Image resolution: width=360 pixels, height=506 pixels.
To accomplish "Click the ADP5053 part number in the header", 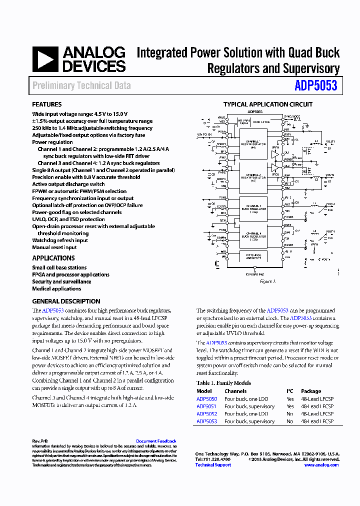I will tap(316, 85).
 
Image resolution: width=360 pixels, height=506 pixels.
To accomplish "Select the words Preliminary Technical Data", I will tap(81, 85).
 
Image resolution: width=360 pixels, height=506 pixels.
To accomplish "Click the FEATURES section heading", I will tap(47, 104).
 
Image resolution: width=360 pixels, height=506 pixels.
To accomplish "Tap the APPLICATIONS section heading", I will tap(53, 258).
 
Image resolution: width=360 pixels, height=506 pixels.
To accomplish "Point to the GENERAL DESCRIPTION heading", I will tap(66, 301).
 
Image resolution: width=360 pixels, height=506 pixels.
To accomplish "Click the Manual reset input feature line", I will tap(54, 247).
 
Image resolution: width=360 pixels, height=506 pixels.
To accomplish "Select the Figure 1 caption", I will tap(267, 281).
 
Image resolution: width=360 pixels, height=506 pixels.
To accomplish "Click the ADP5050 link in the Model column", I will tap(206, 399).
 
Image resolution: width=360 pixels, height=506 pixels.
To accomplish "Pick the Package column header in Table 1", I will tap(311, 391).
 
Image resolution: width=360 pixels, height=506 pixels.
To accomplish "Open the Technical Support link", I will tap(213, 464).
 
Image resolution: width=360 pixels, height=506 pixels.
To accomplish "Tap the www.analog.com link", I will tap(321, 464).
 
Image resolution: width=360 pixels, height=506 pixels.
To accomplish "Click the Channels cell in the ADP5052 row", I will tap(246, 413).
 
